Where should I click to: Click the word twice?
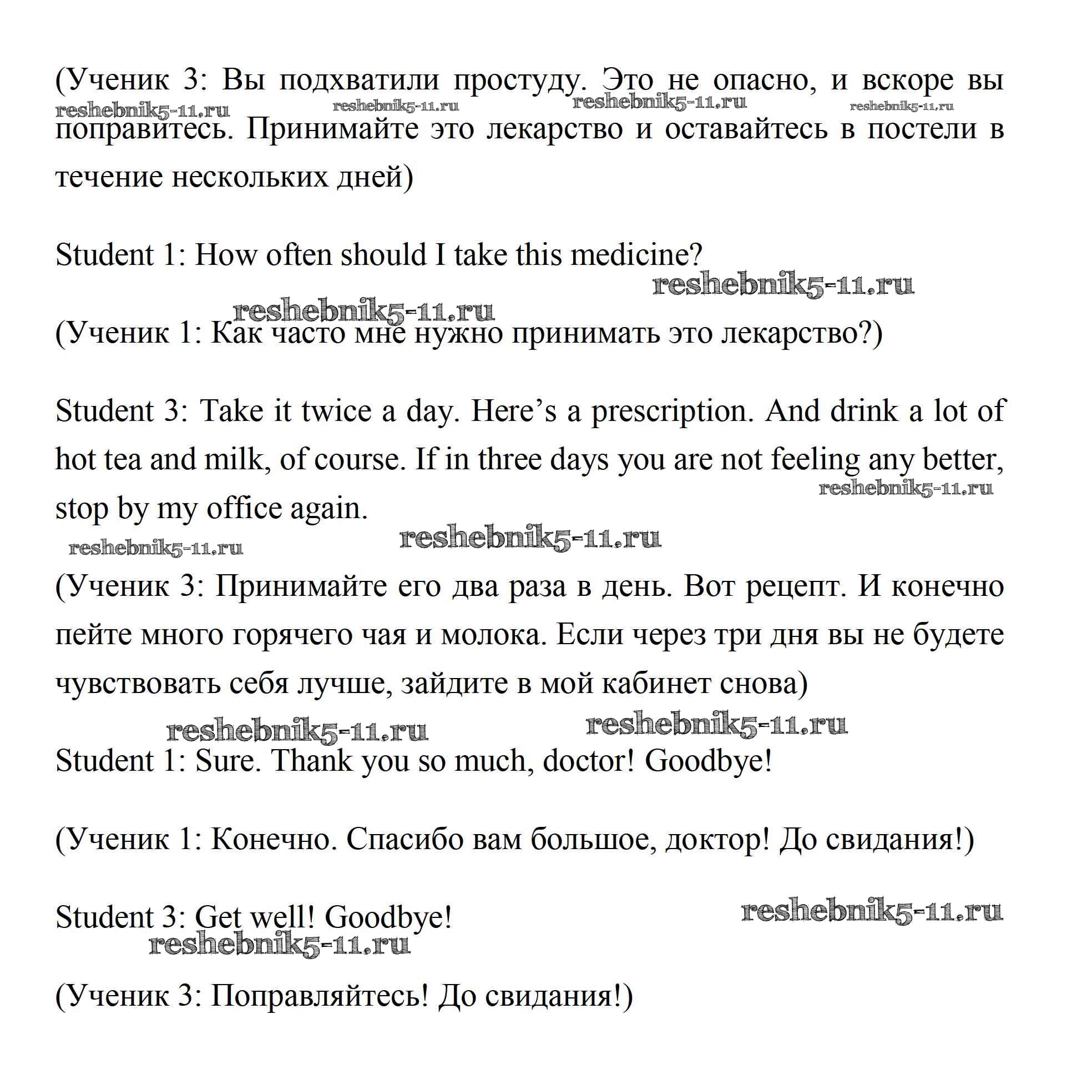pyautogui.click(x=336, y=411)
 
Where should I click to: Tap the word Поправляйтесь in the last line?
pyautogui.click(x=318, y=995)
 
